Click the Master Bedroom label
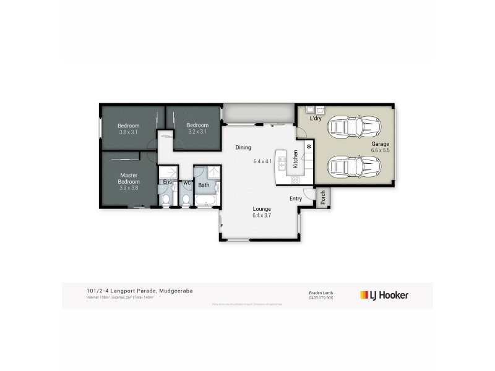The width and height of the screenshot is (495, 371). [x=130, y=179]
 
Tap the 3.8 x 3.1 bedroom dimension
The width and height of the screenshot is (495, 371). [x=129, y=132]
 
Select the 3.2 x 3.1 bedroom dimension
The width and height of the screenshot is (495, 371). [x=198, y=132]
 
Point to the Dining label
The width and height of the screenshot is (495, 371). [x=243, y=148]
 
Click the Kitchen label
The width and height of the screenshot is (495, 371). [x=296, y=160]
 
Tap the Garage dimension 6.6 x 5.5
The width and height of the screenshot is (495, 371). [x=380, y=150]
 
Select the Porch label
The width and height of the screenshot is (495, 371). [x=323, y=197]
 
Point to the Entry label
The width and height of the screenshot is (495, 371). [x=296, y=198]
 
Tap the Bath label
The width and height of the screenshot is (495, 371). [x=204, y=185]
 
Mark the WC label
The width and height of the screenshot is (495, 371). [x=186, y=183]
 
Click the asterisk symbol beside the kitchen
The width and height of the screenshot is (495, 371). [x=308, y=147]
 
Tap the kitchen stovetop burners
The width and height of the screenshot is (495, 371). [x=295, y=180]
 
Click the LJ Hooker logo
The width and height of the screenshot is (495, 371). [x=384, y=295]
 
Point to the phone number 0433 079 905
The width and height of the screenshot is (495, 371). [x=321, y=297]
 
